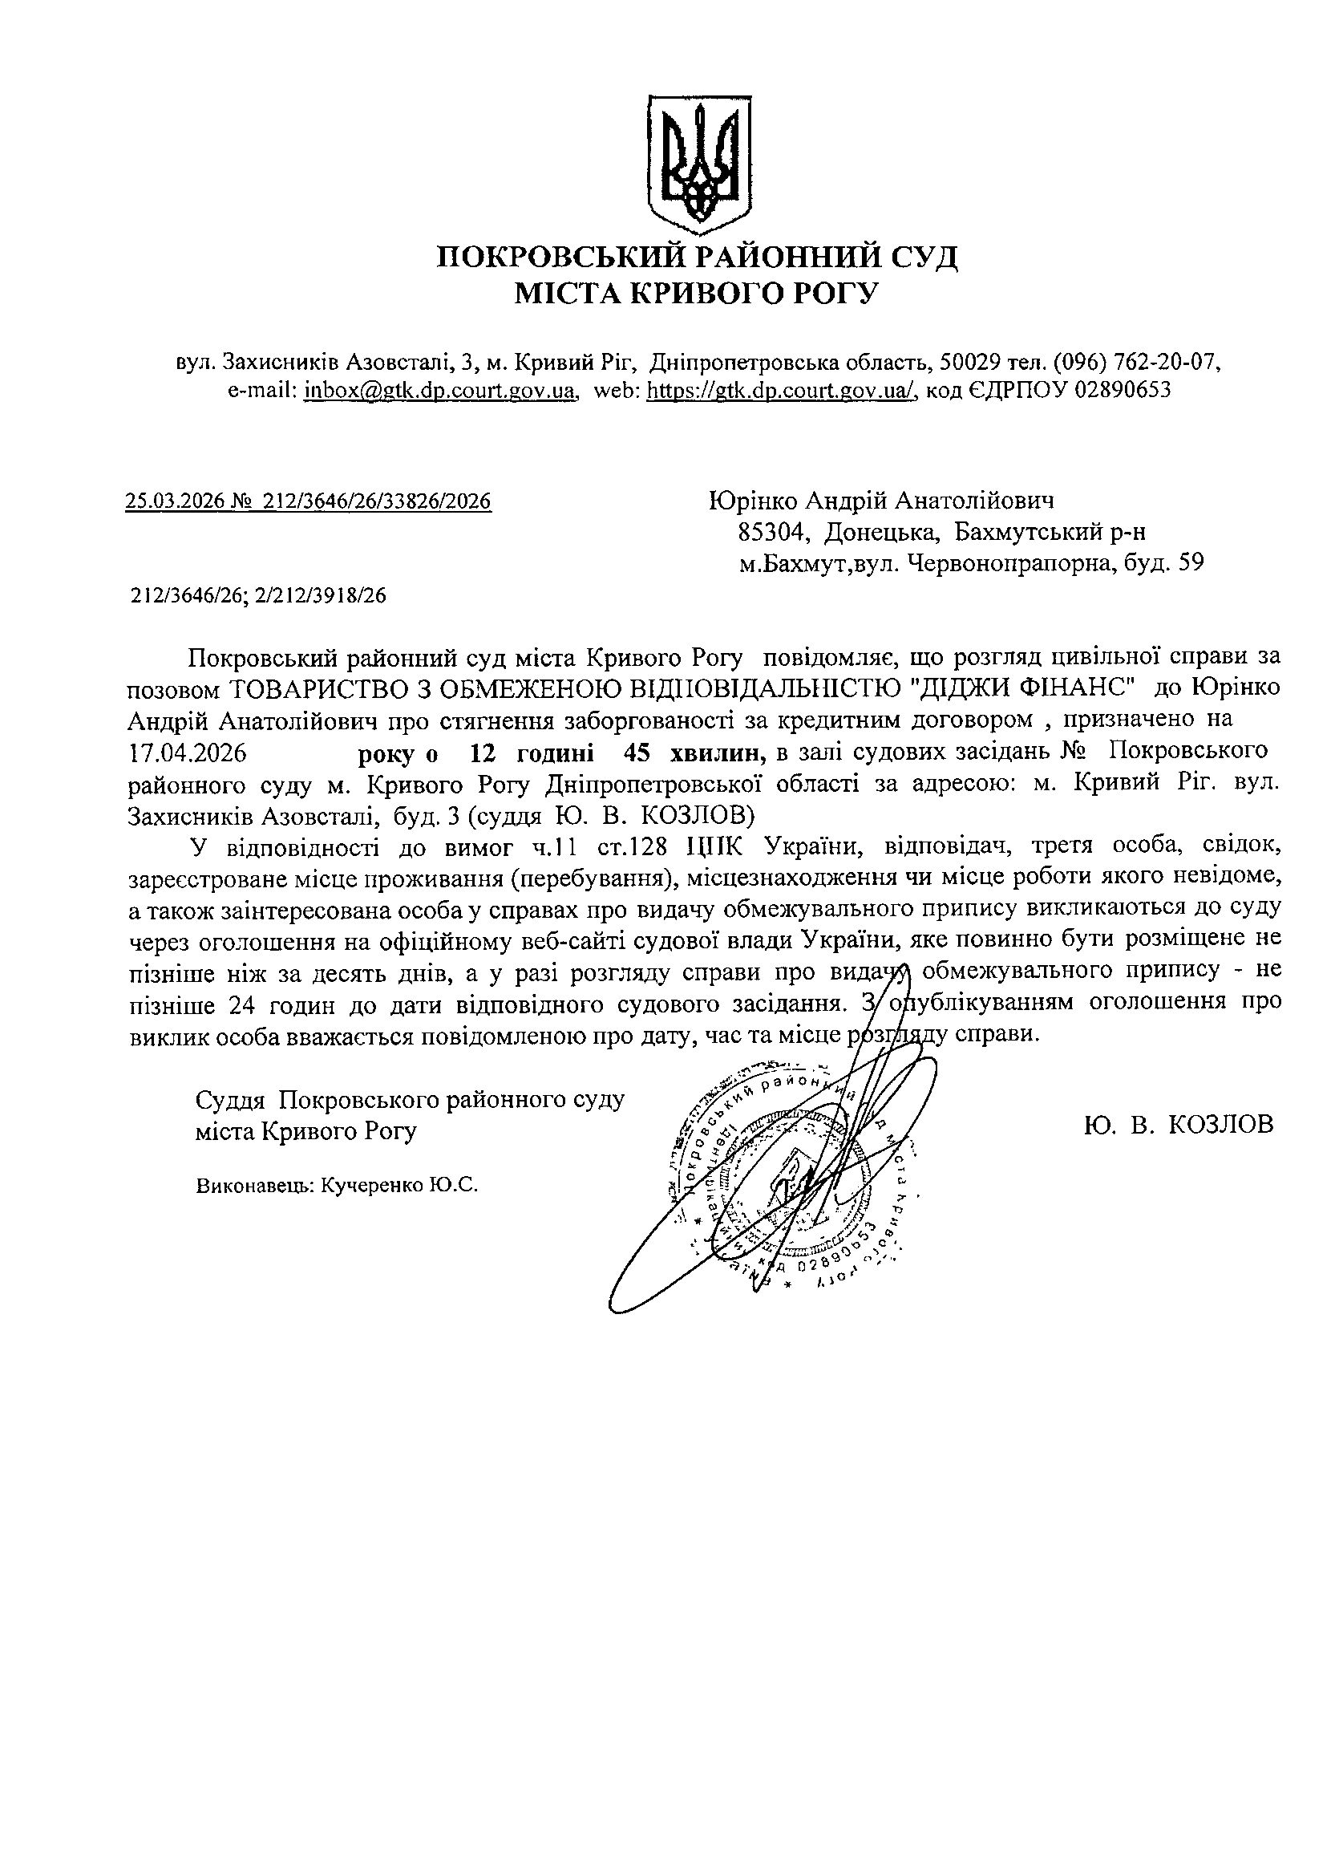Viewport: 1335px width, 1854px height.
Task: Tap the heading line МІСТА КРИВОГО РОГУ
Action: [696, 293]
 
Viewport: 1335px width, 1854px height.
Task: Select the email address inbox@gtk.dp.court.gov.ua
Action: [440, 391]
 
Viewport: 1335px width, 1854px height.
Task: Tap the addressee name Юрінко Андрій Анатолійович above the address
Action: [881, 501]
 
